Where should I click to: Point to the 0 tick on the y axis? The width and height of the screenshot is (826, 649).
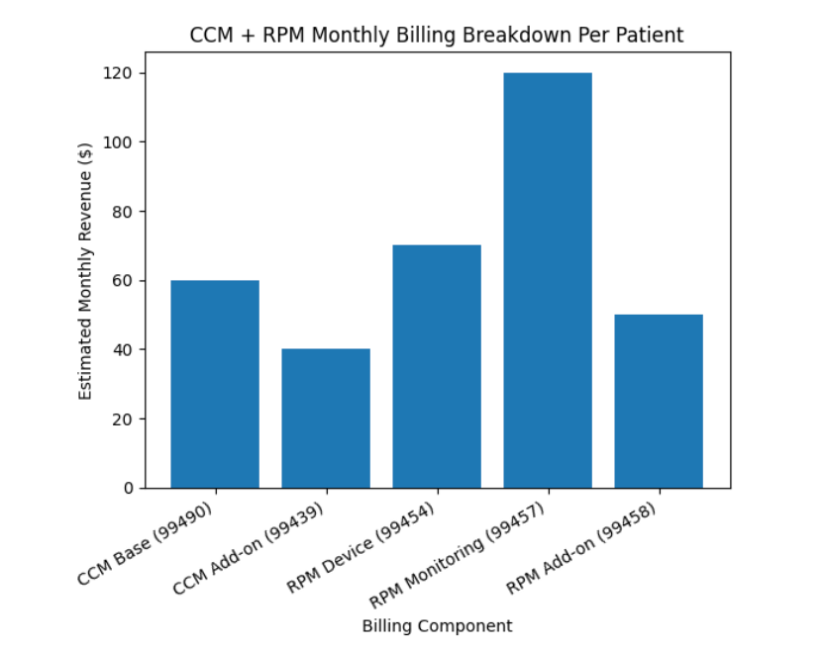[128, 488]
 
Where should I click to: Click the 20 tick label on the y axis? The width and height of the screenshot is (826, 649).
[124, 418]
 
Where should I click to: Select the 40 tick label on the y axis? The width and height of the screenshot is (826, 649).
[124, 349]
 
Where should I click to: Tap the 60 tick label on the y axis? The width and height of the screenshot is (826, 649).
[124, 281]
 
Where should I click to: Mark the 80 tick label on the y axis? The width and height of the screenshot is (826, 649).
[124, 212]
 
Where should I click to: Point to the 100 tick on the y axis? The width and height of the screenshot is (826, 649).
[120, 142]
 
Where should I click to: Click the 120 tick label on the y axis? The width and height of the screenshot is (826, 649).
[120, 73]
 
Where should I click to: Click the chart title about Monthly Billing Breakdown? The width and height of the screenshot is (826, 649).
[437, 36]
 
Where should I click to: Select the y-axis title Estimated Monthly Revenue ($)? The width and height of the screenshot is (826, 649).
[85, 270]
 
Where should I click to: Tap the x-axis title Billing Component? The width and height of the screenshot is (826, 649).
[437, 626]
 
